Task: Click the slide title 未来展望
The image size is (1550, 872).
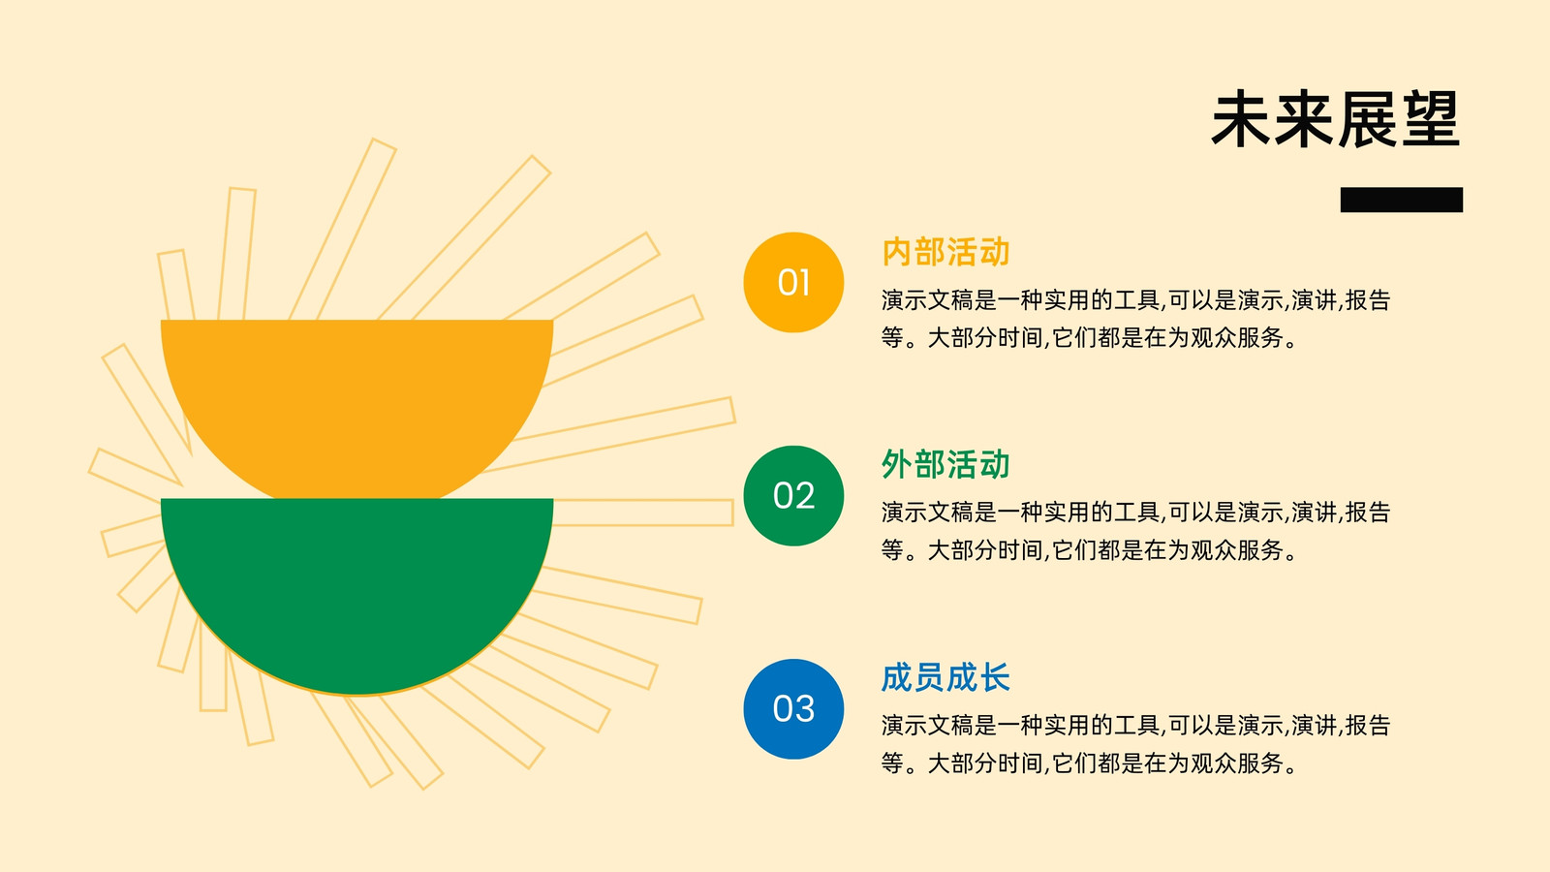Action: (1336, 120)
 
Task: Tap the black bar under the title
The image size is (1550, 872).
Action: (1401, 200)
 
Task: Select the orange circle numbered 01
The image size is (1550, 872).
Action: (793, 282)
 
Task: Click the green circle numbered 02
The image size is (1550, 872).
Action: (793, 495)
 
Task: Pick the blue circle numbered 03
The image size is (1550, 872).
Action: (793, 708)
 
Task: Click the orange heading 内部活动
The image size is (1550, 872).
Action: (945, 252)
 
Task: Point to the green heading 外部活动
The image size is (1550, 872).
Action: (945, 464)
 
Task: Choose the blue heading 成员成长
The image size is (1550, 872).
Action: (945, 677)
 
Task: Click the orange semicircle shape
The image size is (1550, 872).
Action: (357, 401)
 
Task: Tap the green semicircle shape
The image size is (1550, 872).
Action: (357, 588)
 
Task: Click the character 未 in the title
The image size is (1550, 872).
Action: (1241, 120)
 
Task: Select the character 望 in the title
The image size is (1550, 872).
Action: (1431, 120)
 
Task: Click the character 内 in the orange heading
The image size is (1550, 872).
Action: (897, 252)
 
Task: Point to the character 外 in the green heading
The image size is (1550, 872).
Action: (897, 464)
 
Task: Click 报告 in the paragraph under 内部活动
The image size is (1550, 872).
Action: (1368, 300)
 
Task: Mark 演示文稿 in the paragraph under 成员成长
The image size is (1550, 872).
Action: (928, 726)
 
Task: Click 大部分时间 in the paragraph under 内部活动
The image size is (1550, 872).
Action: (985, 338)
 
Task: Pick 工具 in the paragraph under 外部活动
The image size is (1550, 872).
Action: (1137, 513)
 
